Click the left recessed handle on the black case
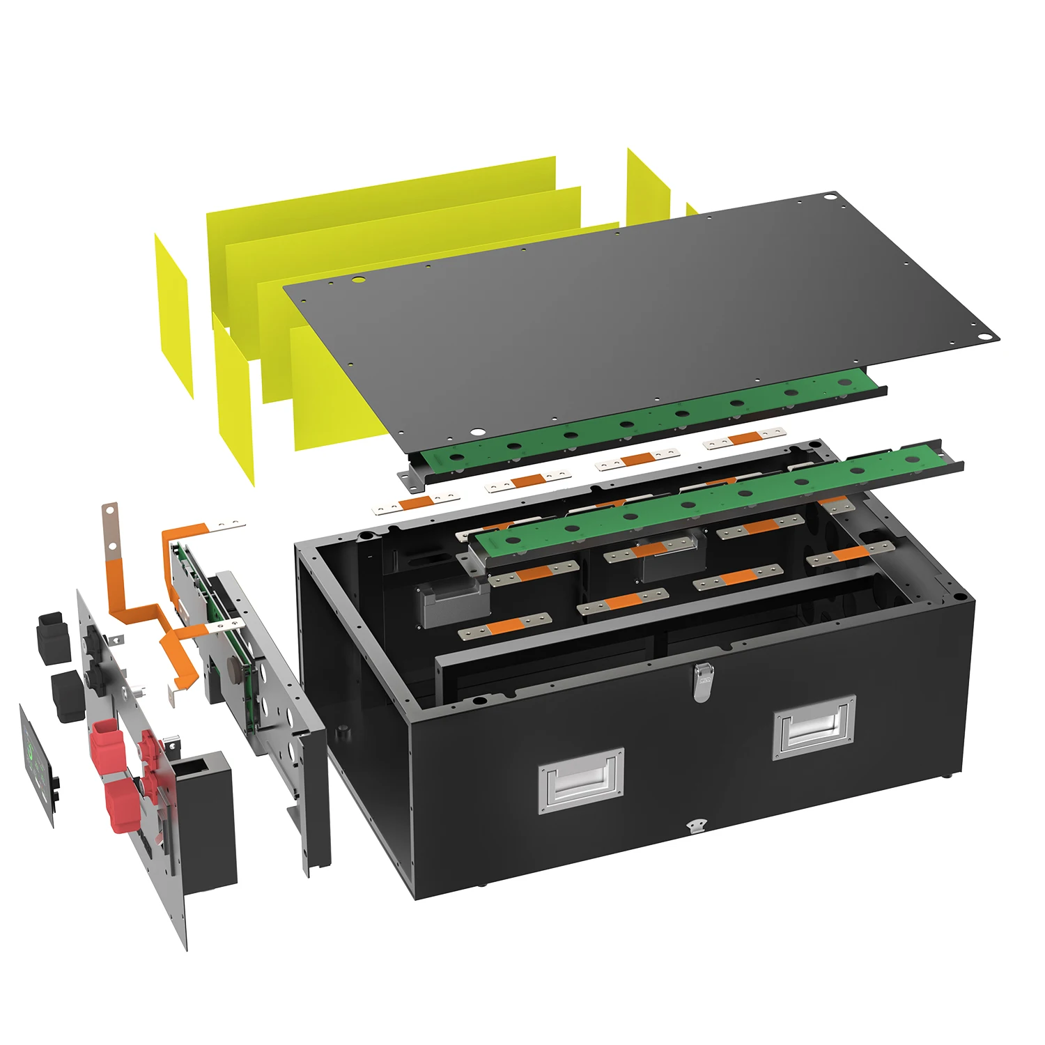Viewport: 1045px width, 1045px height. click(581, 780)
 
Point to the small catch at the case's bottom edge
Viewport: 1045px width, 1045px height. click(695, 826)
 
